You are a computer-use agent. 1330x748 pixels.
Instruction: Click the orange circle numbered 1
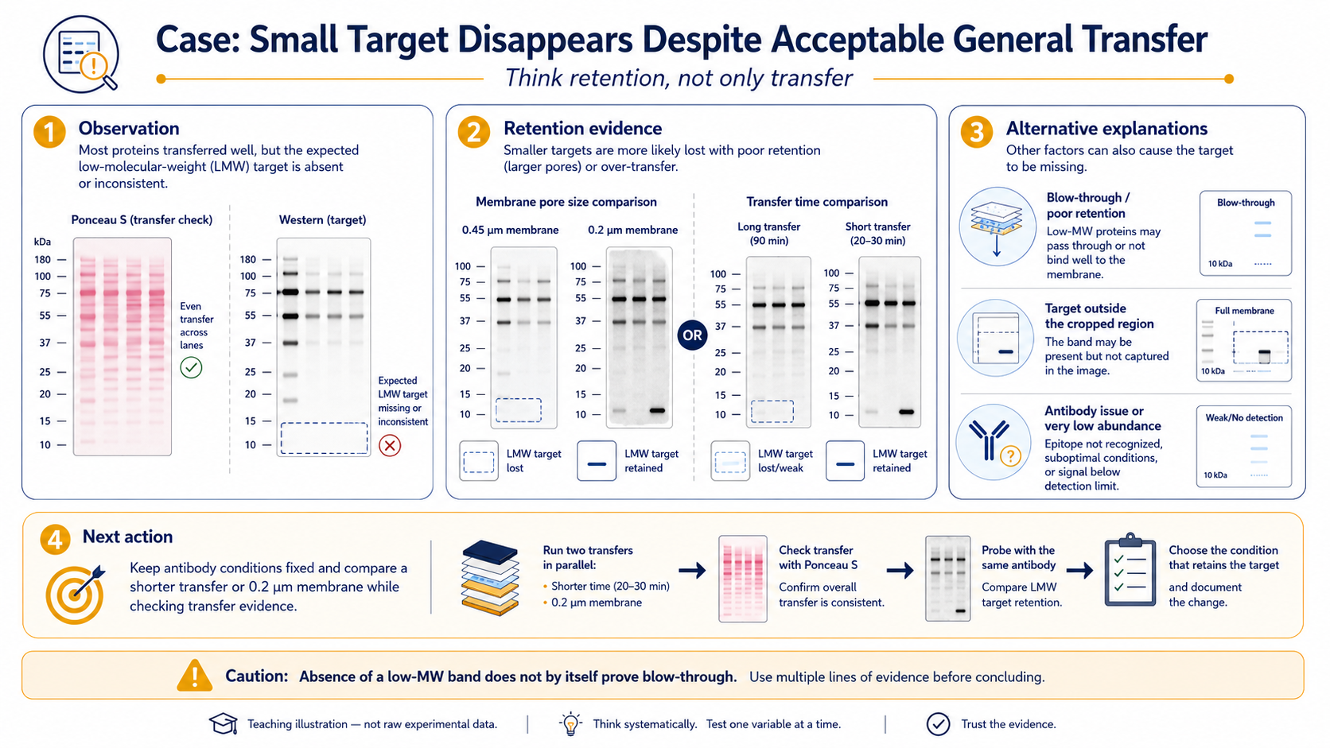[50, 131]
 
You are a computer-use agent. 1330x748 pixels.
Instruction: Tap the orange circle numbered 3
[977, 131]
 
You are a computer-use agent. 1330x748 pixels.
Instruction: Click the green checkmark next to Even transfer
[191, 367]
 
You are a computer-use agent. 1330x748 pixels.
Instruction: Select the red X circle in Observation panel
[390, 445]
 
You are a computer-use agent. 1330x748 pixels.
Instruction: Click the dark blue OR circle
[692, 335]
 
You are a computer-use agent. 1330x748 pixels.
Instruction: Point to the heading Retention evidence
[582, 128]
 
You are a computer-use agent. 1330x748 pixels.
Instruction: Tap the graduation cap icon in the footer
[224, 723]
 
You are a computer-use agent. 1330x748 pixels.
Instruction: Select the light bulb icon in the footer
[570, 723]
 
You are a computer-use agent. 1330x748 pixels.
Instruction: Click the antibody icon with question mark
[994, 443]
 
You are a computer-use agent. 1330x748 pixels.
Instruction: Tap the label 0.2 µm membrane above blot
[633, 230]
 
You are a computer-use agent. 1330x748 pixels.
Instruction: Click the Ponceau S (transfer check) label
[142, 219]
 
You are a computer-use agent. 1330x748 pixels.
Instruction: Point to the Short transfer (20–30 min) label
[877, 234]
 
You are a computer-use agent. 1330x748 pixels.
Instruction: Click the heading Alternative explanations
[1106, 128]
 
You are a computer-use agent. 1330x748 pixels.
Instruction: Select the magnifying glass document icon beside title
[81, 54]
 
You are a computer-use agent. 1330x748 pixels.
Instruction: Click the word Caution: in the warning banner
[256, 676]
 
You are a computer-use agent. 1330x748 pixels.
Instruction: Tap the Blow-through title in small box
[1246, 202]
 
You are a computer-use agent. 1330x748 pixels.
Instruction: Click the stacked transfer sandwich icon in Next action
[491, 578]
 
